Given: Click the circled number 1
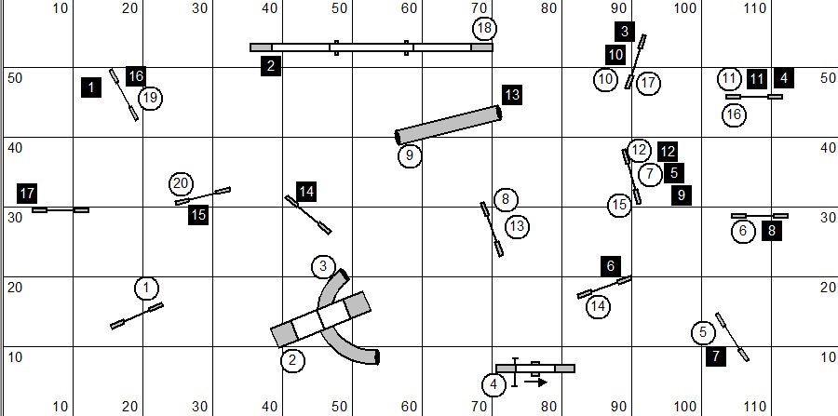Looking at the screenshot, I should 146,289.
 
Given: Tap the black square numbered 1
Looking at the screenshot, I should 90,87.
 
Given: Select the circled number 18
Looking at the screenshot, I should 482,28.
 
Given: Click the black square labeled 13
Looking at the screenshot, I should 511,94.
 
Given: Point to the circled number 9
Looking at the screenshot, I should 410,155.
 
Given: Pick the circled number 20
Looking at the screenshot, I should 182,183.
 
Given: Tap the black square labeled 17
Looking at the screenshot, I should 27,194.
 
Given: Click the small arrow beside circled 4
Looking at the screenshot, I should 535,381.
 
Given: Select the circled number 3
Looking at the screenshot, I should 322,267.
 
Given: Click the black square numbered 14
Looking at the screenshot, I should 306,192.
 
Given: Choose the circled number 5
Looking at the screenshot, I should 703,332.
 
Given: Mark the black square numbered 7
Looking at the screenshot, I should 714,356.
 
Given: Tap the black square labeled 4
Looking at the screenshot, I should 784,78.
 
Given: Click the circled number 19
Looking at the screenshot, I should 150,98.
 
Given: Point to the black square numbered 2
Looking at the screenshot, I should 271,65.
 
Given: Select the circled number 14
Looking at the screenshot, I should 598,305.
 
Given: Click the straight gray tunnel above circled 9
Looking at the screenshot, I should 449,124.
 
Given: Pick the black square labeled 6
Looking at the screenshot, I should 611,265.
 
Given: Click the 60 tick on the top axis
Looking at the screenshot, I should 409,8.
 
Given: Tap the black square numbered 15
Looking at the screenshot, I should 198,215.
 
